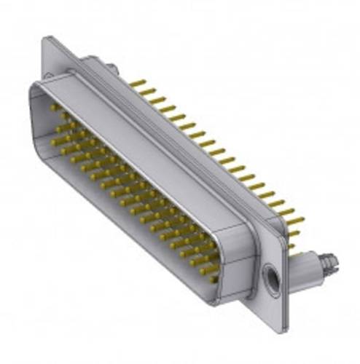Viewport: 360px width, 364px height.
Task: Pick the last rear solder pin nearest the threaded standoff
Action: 294,234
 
